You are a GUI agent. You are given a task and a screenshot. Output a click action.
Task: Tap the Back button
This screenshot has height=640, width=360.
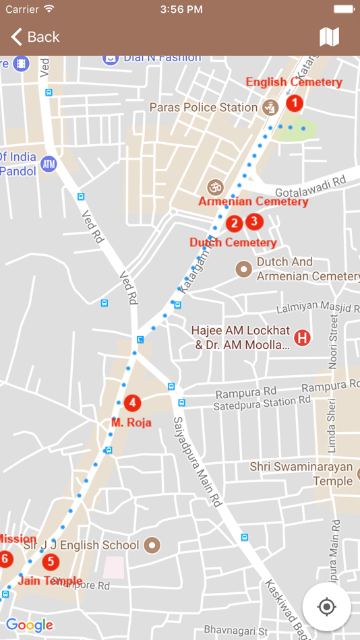pyautogui.click(x=35, y=37)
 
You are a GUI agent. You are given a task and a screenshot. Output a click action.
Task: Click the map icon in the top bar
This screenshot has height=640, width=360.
pyautogui.click(x=329, y=37)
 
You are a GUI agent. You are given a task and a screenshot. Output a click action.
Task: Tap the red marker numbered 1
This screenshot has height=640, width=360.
pyautogui.click(x=295, y=103)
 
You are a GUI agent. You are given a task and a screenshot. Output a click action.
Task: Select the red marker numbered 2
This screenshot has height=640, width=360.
pyautogui.click(x=234, y=224)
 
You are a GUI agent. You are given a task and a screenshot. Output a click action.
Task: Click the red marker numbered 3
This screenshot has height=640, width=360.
pyautogui.click(x=253, y=220)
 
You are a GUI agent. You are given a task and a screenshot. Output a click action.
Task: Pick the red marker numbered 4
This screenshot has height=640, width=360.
pyautogui.click(x=133, y=403)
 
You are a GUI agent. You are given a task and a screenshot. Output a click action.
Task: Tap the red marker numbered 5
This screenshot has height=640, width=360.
pyautogui.click(x=50, y=562)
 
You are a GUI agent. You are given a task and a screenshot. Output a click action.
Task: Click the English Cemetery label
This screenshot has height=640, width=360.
pyautogui.click(x=294, y=82)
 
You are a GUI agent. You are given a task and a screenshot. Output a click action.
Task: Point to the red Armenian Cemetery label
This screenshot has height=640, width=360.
pyautogui.click(x=253, y=201)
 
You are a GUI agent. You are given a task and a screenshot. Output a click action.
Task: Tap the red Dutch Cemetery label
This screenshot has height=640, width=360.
pyautogui.click(x=233, y=243)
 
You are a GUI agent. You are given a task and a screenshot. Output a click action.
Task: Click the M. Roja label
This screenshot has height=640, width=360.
pyautogui.click(x=131, y=423)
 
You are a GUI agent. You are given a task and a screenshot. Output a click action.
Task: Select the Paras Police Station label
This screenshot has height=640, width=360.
pyautogui.click(x=204, y=107)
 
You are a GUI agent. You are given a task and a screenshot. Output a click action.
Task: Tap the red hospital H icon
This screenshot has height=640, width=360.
pyautogui.click(x=303, y=338)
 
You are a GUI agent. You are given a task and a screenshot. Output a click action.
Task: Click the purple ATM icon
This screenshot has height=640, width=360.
pyautogui.click(x=49, y=164)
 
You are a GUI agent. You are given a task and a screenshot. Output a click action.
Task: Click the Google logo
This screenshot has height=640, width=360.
pyautogui.click(x=30, y=625)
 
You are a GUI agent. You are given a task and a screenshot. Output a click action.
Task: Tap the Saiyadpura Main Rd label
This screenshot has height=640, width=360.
pyautogui.click(x=198, y=462)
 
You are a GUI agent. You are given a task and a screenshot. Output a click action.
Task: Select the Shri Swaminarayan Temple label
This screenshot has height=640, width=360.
pyautogui.click(x=301, y=474)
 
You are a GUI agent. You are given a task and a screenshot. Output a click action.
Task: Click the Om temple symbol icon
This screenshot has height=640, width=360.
pyautogui.click(x=215, y=187)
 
